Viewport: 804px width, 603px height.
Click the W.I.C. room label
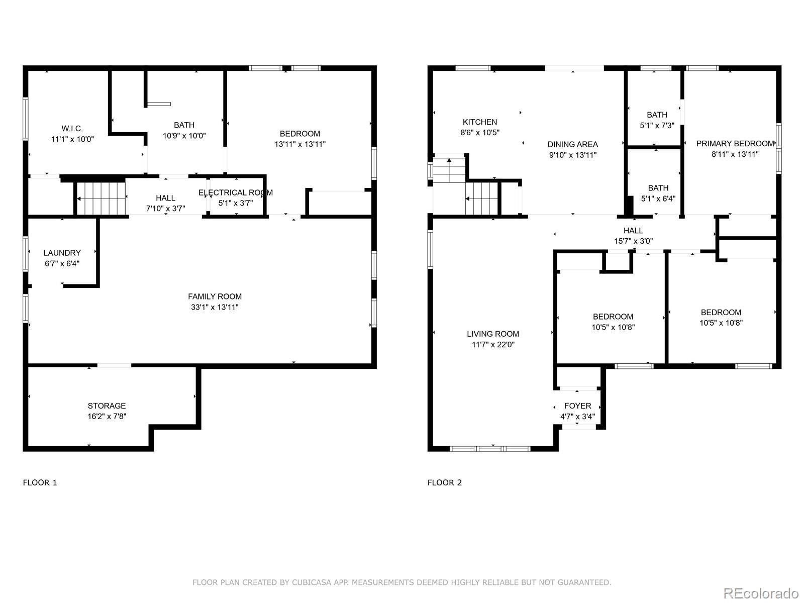72,129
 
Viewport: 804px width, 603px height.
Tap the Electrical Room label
236,192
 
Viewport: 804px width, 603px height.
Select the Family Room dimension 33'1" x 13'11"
215,307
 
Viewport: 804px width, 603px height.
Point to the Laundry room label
62,253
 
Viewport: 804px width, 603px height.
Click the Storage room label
107,406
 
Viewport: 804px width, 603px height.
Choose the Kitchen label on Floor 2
480,122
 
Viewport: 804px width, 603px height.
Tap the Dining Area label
572,144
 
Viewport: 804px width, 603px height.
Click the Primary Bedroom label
735,144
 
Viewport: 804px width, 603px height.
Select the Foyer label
578,406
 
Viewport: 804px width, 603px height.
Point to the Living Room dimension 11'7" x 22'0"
493,345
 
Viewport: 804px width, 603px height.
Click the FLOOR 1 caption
40,482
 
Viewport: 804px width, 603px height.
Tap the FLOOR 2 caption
445,482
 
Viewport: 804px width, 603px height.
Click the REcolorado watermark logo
761,593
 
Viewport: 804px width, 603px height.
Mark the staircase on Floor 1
102,198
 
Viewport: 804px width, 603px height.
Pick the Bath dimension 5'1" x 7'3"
657,126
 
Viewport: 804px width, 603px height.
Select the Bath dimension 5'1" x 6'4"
658,199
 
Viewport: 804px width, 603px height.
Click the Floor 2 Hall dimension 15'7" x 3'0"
633,241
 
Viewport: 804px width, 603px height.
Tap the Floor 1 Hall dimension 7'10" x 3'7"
165,209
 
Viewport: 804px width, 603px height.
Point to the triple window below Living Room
490,449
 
